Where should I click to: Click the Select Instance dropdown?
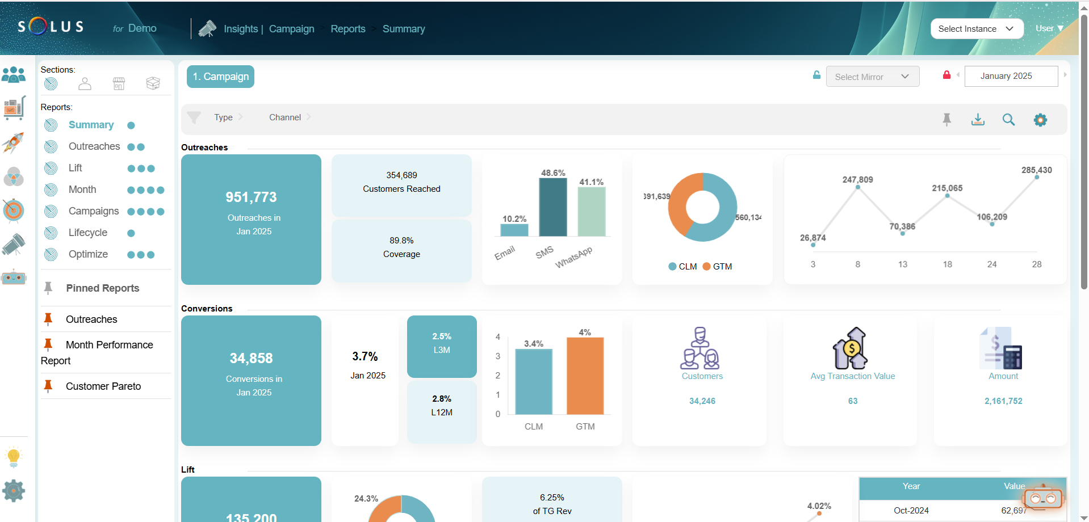pyautogui.click(x=976, y=29)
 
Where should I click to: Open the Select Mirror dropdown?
pyautogui.click(x=872, y=77)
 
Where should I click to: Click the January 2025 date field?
pyautogui.click(x=1011, y=76)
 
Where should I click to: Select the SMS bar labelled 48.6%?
pyautogui.click(x=552, y=207)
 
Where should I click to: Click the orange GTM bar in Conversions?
pyautogui.click(x=585, y=376)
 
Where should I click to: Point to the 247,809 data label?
pyautogui.click(x=857, y=179)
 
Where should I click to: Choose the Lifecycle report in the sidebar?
pyautogui.click(x=87, y=233)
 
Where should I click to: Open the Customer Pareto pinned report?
pyautogui.click(x=103, y=386)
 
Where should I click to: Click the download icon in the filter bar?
pyautogui.click(x=978, y=119)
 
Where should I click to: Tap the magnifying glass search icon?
pyautogui.click(x=1008, y=119)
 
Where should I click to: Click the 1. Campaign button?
pyautogui.click(x=220, y=77)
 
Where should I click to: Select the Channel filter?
pyautogui.click(x=285, y=117)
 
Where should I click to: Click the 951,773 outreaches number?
pyautogui.click(x=251, y=197)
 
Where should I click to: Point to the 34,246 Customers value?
pyautogui.click(x=702, y=401)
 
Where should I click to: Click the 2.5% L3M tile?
pyautogui.click(x=442, y=343)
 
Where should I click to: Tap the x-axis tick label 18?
pyautogui.click(x=947, y=264)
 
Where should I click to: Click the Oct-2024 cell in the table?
pyautogui.click(x=911, y=511)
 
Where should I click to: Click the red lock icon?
pyautogui.click(x=946, y=75)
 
